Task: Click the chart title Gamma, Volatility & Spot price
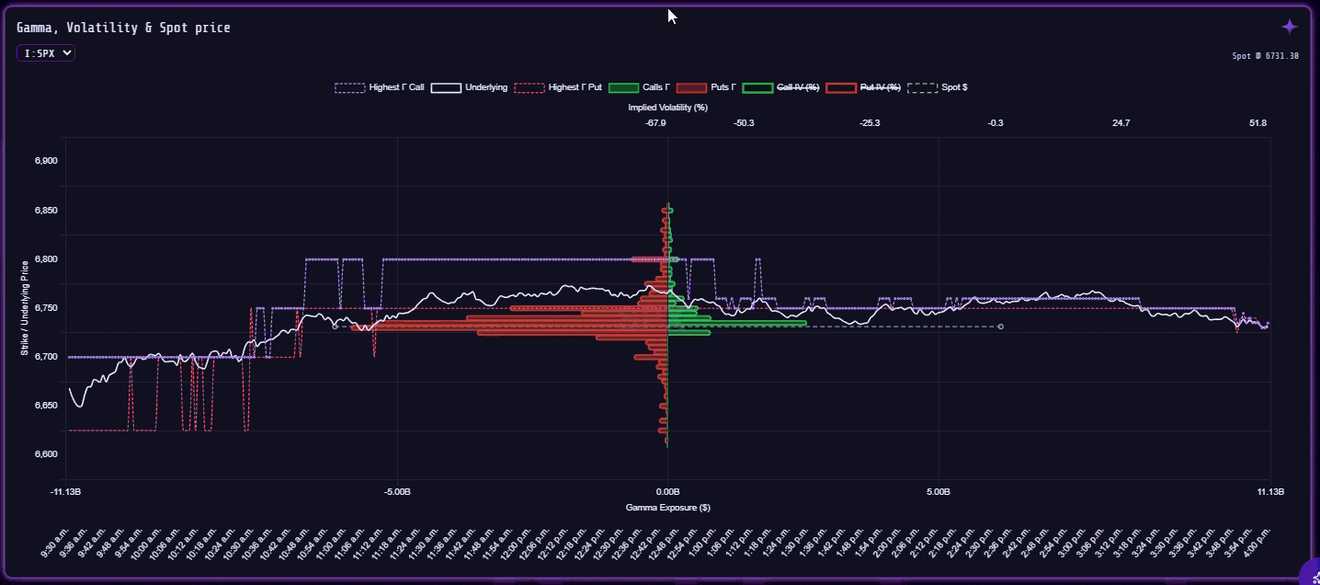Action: point(123,28)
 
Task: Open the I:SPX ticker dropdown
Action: point(45,53)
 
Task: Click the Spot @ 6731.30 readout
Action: point(1265,56)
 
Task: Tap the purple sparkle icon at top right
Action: point(1290,27)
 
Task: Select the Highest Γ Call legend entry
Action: point(380,87)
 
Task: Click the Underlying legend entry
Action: point(470,87)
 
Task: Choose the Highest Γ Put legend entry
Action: point(559,87)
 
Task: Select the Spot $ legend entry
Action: point(938,87)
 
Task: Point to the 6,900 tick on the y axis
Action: point(45,161)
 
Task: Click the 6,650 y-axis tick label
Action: point(45,406)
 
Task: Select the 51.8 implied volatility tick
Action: point(1257,123)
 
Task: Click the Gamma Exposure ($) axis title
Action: point(667,508)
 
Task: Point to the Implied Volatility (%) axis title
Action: point(667,108)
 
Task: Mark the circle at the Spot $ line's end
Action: point(1001,327)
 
